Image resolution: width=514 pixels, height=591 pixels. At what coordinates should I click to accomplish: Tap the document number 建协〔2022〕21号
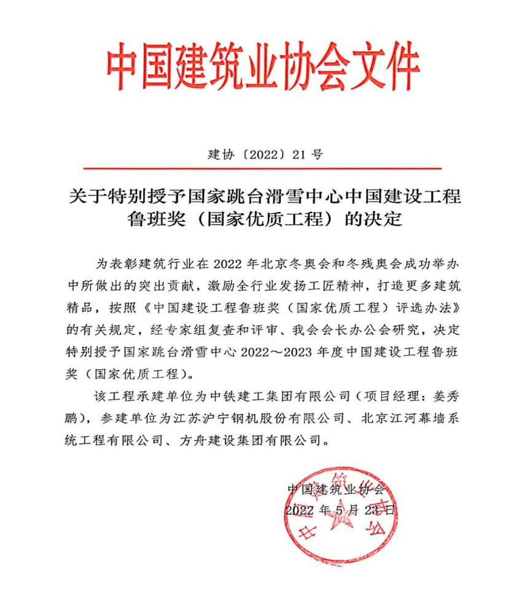click(265, 154)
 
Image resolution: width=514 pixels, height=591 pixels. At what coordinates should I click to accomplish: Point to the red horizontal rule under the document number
click(263, 168)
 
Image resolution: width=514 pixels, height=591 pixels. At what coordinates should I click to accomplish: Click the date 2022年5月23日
click(341, 511)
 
